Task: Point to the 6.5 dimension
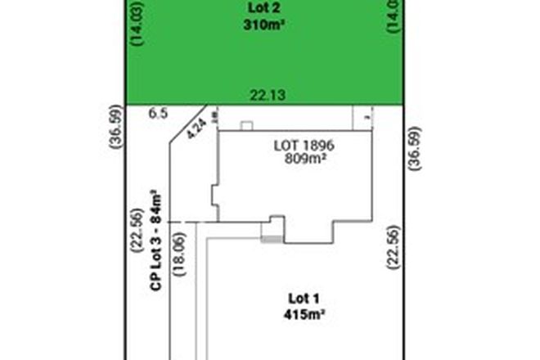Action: tap(159, 115)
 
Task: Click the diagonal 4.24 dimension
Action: tap(195, 129)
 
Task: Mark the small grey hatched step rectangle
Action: tap(269, 238)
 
